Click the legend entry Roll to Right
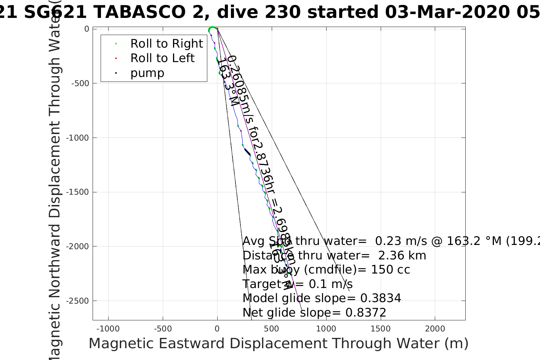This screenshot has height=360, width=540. coord(166,44)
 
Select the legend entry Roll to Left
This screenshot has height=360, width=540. coord(162,58)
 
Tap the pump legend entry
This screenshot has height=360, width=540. coord(147,73)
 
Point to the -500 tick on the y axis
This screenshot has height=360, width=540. coord(81,83)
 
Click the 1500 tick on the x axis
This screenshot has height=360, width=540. coord(380,329)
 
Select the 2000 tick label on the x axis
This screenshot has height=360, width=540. coord(435,329)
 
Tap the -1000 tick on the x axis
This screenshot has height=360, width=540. coord(108,329)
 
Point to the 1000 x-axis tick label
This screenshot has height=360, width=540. coord(326,329)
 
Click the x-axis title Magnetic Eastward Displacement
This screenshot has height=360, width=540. coord(278,344)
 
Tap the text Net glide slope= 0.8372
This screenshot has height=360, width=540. coord(314,313)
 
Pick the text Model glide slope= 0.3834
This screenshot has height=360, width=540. coord(322,298)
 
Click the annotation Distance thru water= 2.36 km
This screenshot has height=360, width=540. coord(334,256)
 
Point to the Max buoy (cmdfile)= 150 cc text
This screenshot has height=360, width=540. coord(326,270)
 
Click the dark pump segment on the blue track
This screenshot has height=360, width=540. coord(247,152)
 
